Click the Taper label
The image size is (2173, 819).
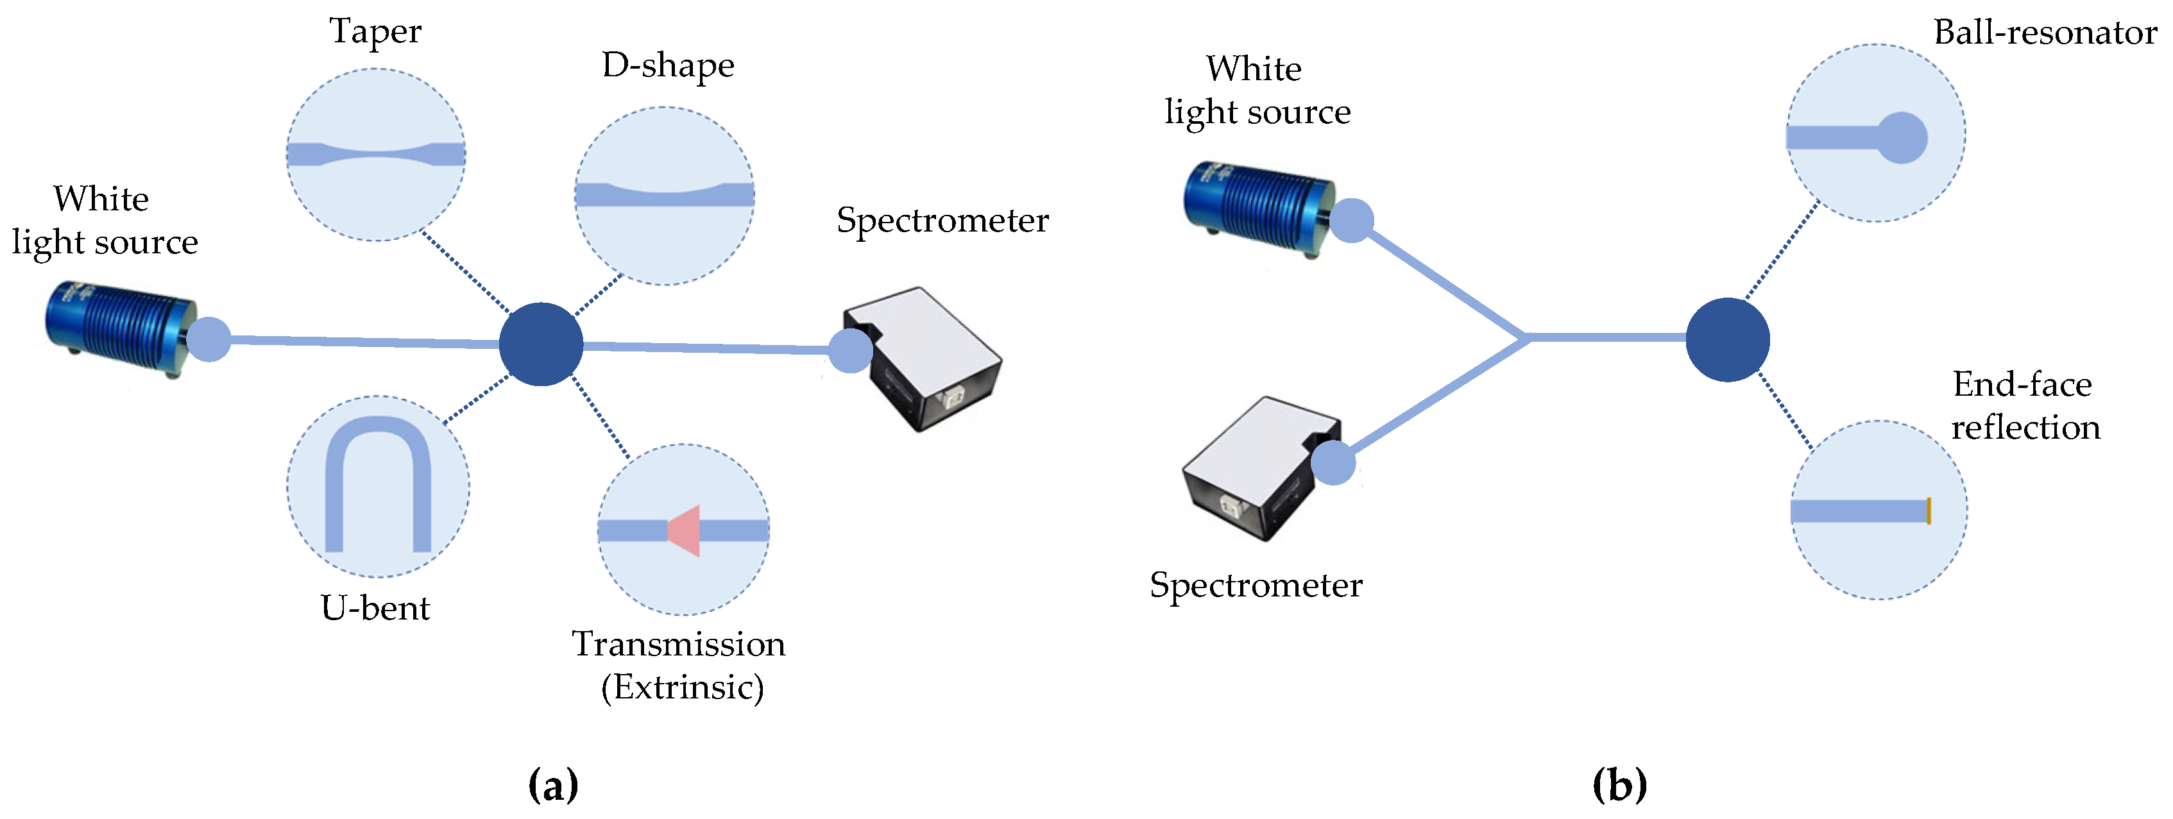point(375,32)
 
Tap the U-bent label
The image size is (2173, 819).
point(375,608)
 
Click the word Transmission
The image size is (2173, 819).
point(678,645)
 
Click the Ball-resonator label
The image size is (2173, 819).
point(2045,33)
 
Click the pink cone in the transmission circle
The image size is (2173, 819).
point(685,530)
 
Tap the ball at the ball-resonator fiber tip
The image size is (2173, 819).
point(1902,137)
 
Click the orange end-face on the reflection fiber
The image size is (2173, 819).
point(1929,511)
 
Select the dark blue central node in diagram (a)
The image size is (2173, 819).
point(541,344)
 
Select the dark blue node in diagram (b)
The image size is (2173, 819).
point(1726,339)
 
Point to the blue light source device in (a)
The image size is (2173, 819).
point(120,329)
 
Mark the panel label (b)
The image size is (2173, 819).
point(1619,785)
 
